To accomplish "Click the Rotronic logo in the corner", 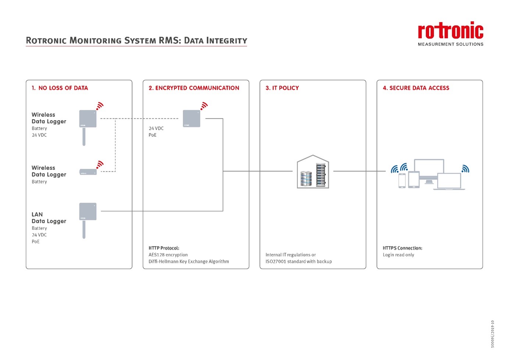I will point(451,31).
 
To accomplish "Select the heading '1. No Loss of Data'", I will point(60,88).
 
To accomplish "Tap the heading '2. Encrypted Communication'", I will point(194,88).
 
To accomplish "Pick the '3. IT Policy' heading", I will point(282,88).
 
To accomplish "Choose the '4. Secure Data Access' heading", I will point(416,88).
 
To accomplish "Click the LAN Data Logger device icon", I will point(88,212).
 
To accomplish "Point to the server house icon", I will point(313,172).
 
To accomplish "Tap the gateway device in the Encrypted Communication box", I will point(192,118).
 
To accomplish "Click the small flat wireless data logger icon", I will point(88,172).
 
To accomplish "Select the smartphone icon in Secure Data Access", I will point(402,181).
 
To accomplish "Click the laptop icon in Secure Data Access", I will point(449,181).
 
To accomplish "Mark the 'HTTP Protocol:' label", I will point(164,248).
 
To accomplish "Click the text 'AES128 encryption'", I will point(168,255).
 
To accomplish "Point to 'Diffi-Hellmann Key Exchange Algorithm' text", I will point(189,261).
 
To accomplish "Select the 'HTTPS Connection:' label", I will point(402,248).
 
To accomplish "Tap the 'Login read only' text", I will point(398,255).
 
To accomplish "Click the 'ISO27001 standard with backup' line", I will point(299,261).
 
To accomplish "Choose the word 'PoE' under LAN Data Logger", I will point(36,242).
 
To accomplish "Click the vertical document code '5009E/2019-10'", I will point(492,334).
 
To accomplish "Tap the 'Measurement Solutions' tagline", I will point(451,44).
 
